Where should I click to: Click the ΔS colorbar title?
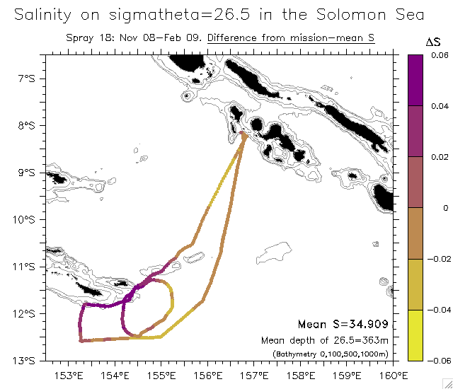[433, 42]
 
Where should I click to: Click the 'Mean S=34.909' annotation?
[343, 325]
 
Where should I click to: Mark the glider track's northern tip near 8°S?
[242, 132]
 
